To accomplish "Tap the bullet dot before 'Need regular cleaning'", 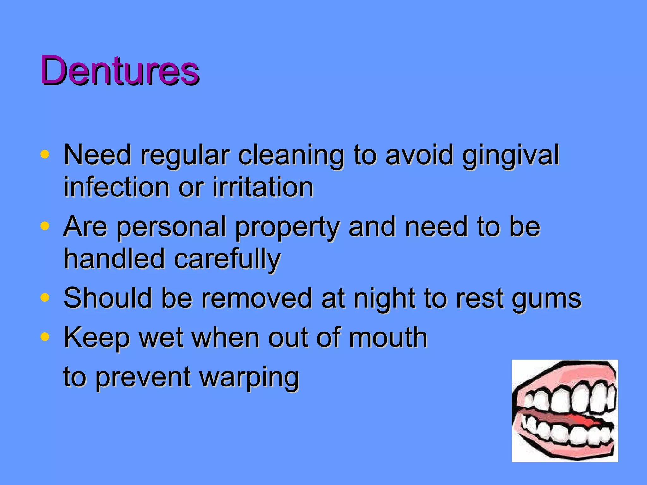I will pos(45,154).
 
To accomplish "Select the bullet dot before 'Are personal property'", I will pos(45,226).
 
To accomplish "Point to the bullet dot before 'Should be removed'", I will pos(45,297).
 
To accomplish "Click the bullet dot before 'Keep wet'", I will pos(45,337).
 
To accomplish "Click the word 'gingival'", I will pos(511,155).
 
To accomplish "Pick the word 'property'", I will pos(287,227).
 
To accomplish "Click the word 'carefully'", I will pos(227,260).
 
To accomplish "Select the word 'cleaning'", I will pos(291,155).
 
